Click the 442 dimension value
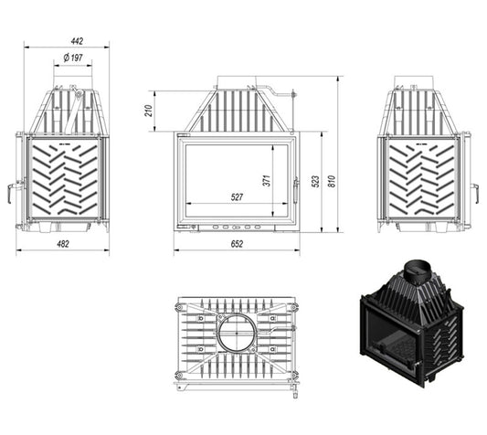(77, 41)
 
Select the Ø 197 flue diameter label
(73, 58)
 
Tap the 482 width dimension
(63, 244)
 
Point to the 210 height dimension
(150, 111)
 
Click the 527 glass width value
(237, 197)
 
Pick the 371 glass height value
(267, 181)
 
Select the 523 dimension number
(315, 182)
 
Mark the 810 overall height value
(332, 182)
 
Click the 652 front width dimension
(237, 244)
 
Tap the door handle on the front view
(296, 190)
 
